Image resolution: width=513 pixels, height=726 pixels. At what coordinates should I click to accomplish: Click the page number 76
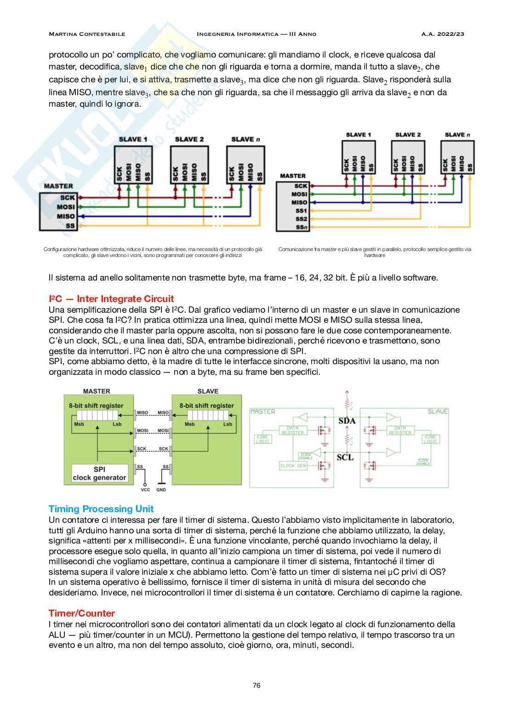pyautogui.click(x=256, y=685)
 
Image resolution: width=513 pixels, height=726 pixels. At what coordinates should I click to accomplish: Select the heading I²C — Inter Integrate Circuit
pyautogui.click(x=111, y=299)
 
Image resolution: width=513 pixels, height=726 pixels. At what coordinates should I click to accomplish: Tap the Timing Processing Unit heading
pyautogui.click(x=101, y=509)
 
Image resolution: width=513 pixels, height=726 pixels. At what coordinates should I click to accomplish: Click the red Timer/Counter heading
pyautogui.click(x=82, y=613)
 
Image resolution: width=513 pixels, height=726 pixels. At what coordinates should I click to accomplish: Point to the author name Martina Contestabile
pyautogui.click(x=87, y=34)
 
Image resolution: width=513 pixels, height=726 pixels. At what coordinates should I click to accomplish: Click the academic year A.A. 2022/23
pyautogui.click(x=443, y=34)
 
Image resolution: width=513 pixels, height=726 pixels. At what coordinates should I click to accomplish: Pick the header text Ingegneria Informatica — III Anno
pyautogui.click(x=256, y=34)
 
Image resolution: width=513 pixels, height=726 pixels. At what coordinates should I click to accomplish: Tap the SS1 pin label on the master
pyautogui.click(x=301, y=211)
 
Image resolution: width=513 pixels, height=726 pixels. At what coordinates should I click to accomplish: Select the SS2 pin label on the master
pyautogui.click(x=301, y=219)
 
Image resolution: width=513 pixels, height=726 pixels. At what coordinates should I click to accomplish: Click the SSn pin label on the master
pyautogui.click(x=301, y=227)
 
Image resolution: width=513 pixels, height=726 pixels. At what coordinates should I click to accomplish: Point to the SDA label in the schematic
pyautogui.click(x=347, y=421)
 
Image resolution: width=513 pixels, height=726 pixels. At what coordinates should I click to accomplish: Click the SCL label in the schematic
pyautogui.click(x=345, y=457)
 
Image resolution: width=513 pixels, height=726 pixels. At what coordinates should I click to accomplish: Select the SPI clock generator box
pyautogui.click(x=99, y=474)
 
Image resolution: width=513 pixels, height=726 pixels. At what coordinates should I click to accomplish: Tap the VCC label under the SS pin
pyautogui.click(x=145, y=490)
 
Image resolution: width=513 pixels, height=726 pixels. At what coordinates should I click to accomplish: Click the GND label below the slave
pyautogui.click(x=161, y=490)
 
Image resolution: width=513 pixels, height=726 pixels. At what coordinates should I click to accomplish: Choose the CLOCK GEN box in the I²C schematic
pyautogui.click(x=293, y=466)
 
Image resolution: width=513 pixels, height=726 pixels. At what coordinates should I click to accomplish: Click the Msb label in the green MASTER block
pyautogui.click(x=79, y=424)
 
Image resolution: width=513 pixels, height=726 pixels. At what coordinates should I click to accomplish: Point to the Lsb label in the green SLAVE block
pyautogui.click(x=228, y=424)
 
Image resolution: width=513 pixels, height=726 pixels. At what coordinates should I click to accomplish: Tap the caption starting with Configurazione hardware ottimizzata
pyautogui.click(x=153, y=252)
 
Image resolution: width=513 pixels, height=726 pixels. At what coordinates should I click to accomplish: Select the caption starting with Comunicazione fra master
pyautogui.click(x=375, y=252)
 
